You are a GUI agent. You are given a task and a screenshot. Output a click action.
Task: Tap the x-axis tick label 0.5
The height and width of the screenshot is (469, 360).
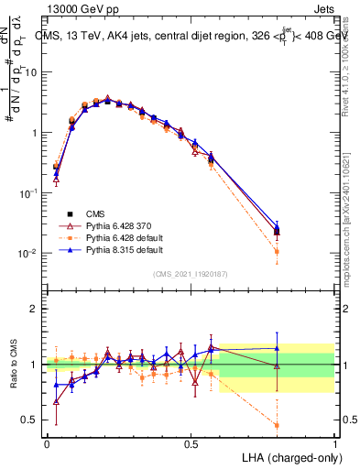click(x=191, y=444)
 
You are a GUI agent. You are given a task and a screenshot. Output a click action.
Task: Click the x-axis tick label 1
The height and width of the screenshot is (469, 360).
click(x=334, y=444)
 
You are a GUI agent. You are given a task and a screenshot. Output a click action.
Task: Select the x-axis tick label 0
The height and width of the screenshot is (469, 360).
click(x=47, y=444)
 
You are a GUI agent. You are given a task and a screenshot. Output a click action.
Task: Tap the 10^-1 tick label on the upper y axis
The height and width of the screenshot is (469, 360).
click(x=27, y=192)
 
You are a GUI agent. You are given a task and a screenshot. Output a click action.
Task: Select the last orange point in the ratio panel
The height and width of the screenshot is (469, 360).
click(x=277, y=425)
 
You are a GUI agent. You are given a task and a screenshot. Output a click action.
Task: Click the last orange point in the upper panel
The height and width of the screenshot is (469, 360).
click(x=277, y=251)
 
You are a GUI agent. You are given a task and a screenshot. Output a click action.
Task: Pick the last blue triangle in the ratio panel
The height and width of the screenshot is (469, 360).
click(x=277, y=347)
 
